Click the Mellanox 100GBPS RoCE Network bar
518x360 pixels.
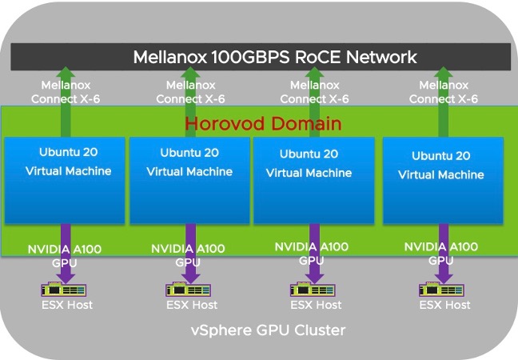[x=264, y=57]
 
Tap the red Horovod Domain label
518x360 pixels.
[x=263, y=124]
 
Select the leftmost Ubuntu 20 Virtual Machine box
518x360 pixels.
[x=65, y=181]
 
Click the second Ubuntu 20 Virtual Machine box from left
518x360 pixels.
[x=190, y=181]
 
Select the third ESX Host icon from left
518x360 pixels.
[x=312, y=289]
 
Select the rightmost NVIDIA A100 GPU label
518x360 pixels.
[x=441, y=254]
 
